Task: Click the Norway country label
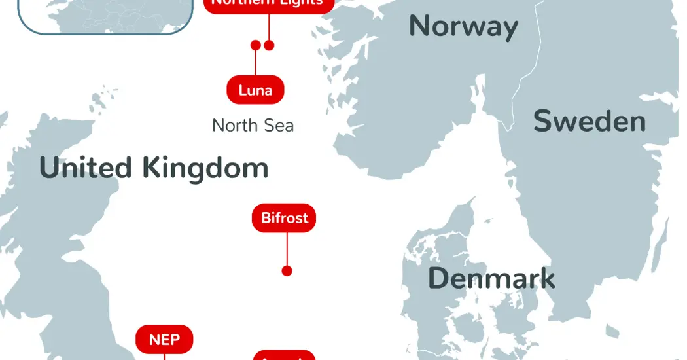tap(463, 27)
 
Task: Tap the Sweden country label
tap(590, 122)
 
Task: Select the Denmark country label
tap(491, 279)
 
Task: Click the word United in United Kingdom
tap(85, 168)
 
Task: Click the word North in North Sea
tap(236, 126)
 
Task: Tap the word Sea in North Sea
tap(279, 126)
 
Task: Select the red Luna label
tap(255, 90)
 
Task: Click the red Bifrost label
tap(284, 218)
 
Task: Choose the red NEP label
tap(164, 340)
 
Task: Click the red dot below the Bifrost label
tap(287, 271)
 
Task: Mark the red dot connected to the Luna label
tap(256, 45)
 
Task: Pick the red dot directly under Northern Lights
tap(269, 45)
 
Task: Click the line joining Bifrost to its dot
tap(287, 249)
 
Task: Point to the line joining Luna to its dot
tap(256, 63)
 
